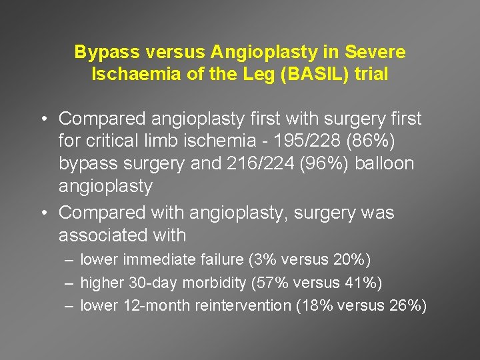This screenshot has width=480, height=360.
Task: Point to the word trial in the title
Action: [371, 74]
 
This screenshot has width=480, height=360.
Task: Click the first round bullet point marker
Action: [42, 119]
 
